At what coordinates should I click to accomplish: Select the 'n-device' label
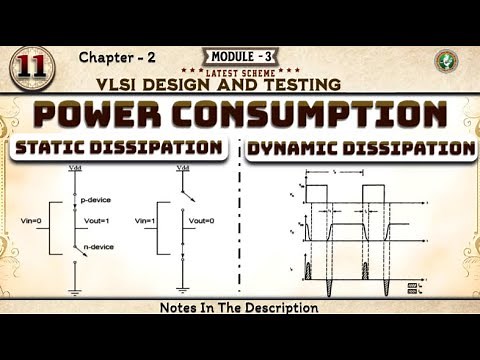[x=95, y=245]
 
